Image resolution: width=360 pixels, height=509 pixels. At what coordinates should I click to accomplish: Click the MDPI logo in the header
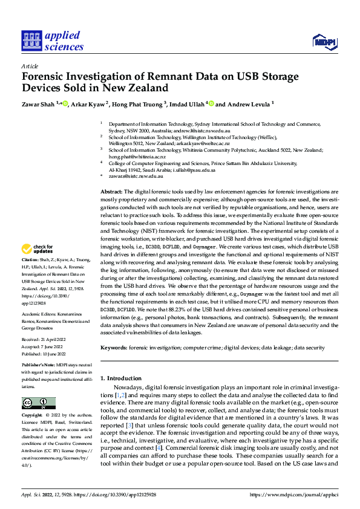pos(323,41)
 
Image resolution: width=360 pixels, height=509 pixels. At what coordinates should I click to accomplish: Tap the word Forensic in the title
pos(46,77)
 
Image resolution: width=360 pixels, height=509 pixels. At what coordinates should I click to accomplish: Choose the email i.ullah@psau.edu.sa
pos(194,170)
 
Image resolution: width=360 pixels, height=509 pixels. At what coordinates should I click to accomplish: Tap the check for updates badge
pos(38,249)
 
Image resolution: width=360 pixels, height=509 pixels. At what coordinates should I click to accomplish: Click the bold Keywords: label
pos(114,348)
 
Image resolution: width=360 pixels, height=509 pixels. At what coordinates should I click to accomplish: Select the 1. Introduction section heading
pos(121,378)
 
